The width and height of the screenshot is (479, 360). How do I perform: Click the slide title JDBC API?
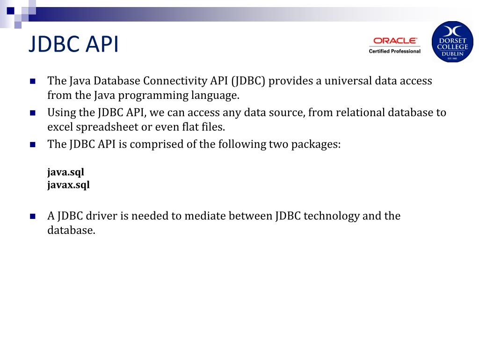[73, 45]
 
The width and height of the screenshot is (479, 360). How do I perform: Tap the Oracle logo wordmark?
[395, 41]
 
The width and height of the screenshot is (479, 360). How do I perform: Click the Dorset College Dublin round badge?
[452, 42]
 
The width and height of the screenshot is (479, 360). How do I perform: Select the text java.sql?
[65, 172]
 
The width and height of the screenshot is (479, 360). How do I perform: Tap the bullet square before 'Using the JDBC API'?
[33, 112]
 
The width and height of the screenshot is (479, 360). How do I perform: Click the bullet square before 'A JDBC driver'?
[33, 216]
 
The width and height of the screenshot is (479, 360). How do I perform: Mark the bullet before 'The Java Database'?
[33, 81]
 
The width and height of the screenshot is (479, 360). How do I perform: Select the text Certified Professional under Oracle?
[394, 51]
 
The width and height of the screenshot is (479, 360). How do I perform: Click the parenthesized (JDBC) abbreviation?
[247, 81]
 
